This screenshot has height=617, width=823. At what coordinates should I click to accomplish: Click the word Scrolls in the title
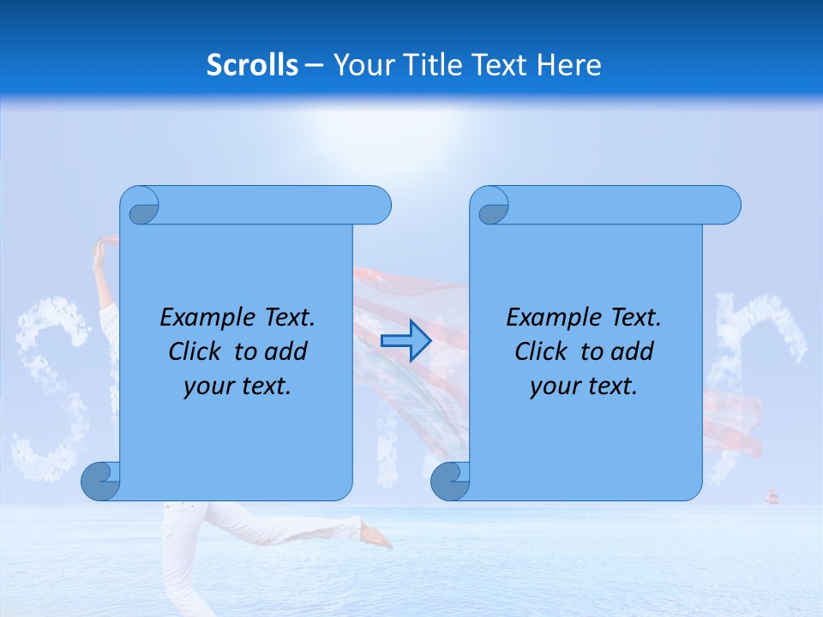pos(253,64)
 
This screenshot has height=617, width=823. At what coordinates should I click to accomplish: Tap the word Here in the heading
pos(568,64)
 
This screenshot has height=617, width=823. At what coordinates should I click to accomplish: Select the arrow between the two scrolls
pos(405,341)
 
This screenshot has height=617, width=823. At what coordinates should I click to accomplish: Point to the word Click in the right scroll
pos(541,351)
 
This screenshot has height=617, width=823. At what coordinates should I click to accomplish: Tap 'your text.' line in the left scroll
pos(237,386)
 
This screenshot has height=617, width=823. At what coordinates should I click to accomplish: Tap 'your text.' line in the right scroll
pos(584,386)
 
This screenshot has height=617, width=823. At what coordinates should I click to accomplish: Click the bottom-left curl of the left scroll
pos(99,482)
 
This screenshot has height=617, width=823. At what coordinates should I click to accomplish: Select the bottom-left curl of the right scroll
pos(449,482)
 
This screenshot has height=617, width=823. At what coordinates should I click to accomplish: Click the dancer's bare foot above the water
pos(377,536)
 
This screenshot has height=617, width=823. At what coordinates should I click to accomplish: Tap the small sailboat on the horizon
pos(772,497)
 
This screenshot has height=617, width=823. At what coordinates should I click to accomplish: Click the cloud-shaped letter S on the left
pos(51,386)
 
